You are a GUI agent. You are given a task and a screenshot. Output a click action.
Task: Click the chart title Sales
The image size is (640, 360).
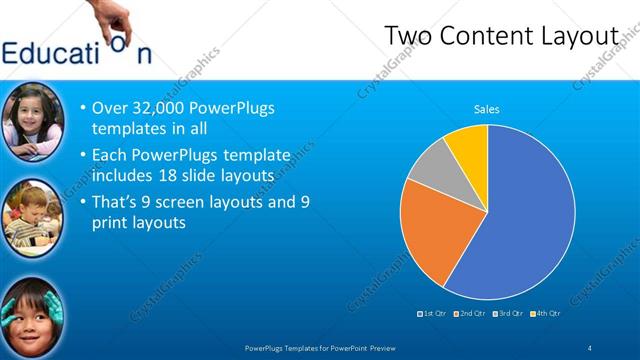point(487,110)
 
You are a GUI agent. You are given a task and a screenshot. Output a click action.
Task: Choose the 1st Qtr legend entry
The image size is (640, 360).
point(431,314)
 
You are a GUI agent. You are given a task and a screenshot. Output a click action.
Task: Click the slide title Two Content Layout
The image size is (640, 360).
point(502,36)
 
